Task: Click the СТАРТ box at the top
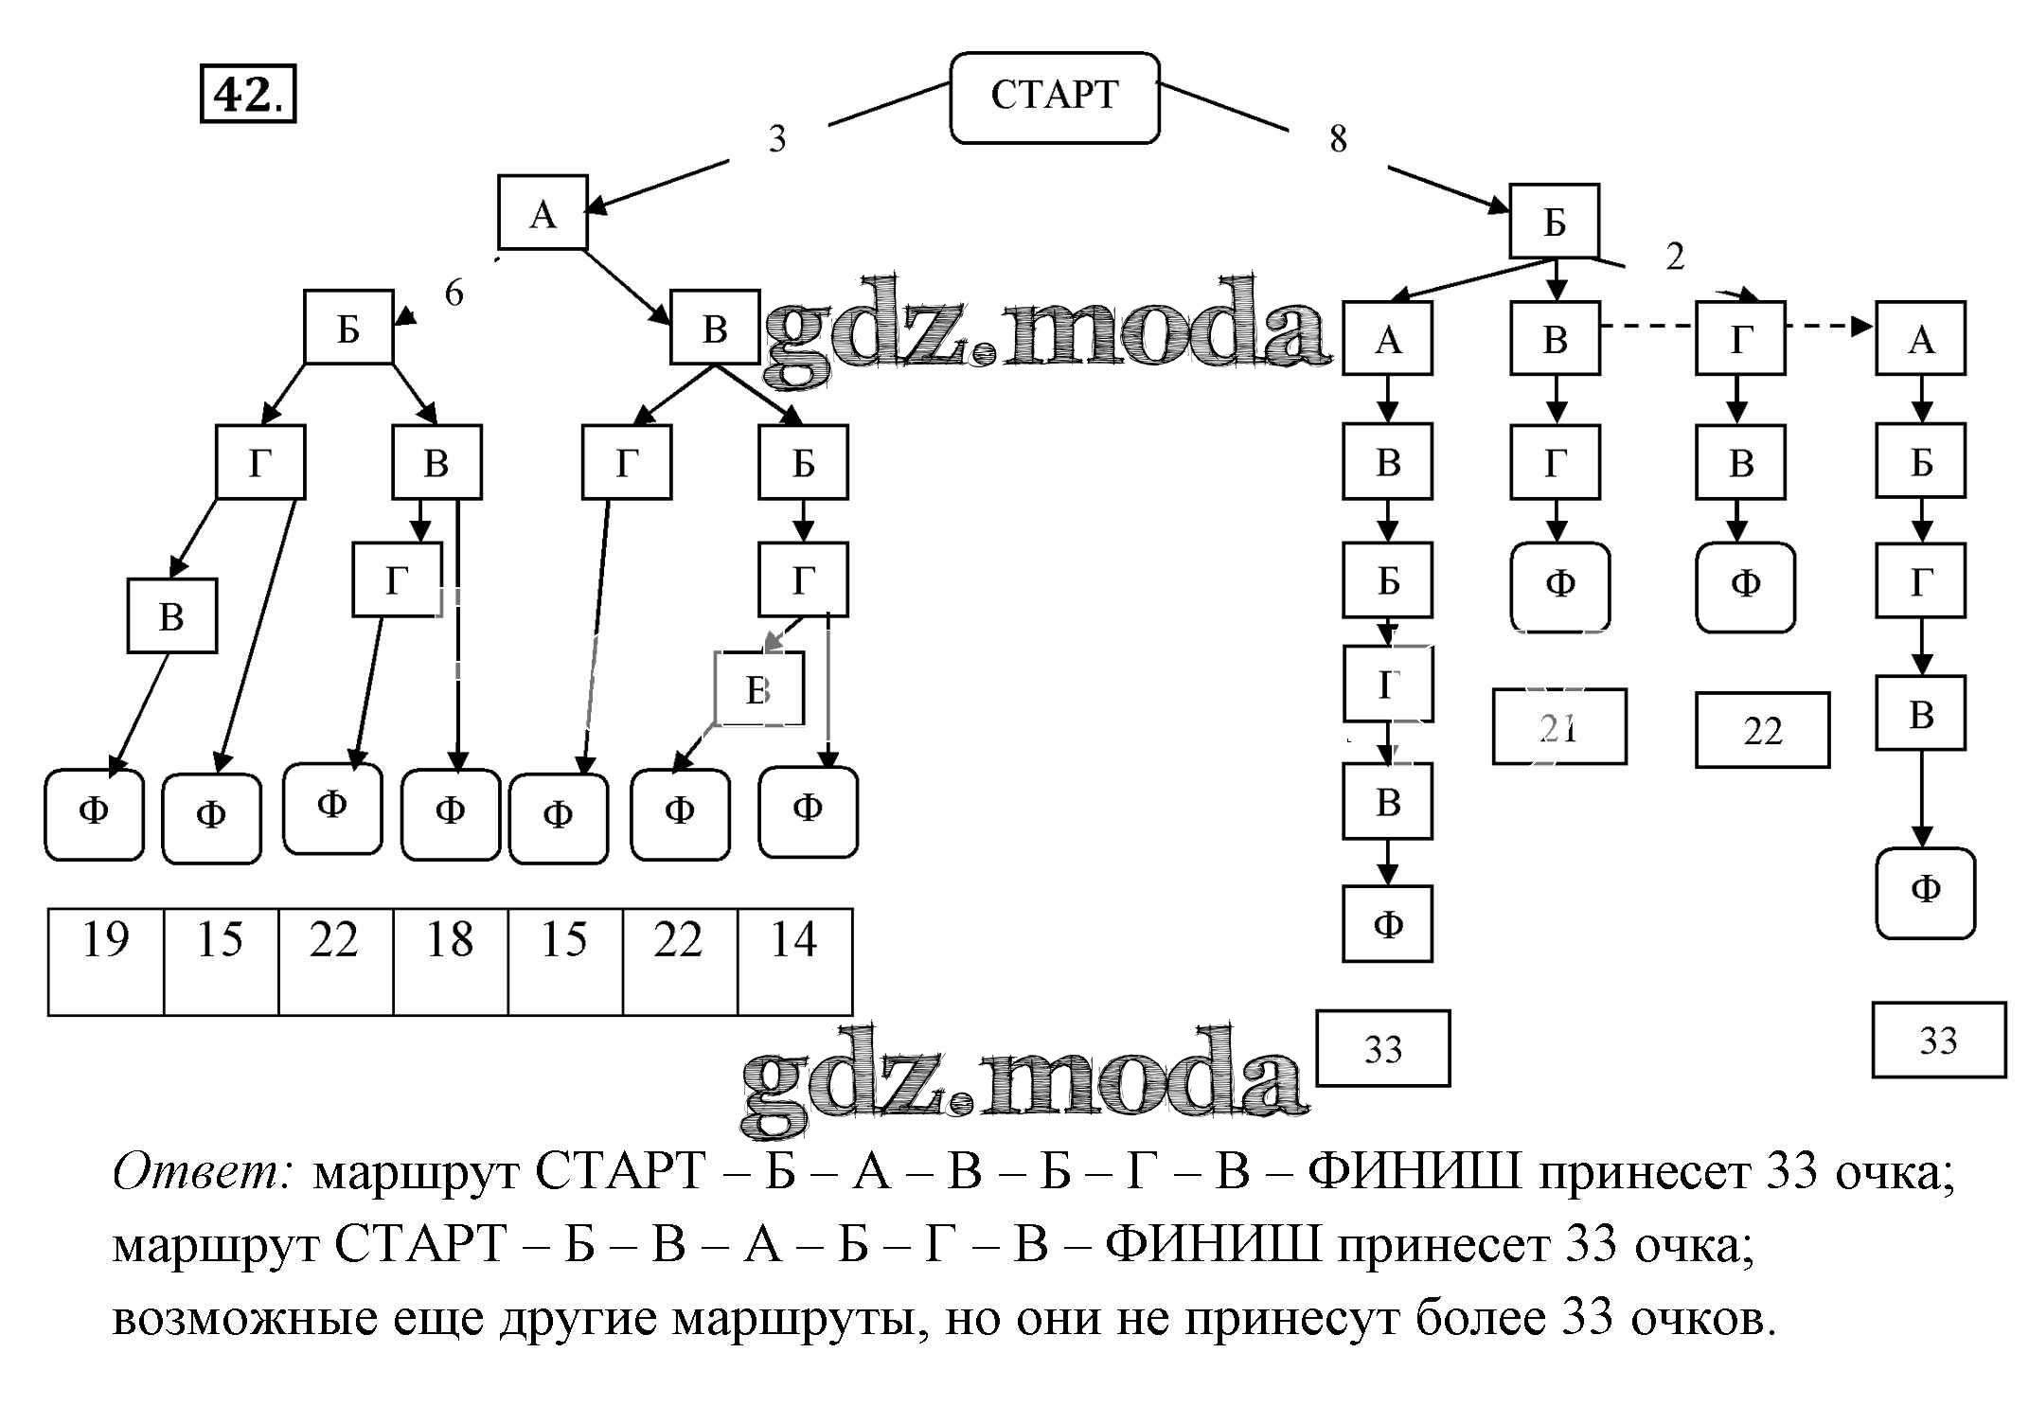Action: pyautogui.click(x=1054, y=97)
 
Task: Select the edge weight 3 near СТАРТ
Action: pyautogui.click(x=776, y=139)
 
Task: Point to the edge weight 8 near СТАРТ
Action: pyautogui.click(x=1337, y=139)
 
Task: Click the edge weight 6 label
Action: pyautogui.click(x=454, y=294)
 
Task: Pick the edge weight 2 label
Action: pyautogui.click(x=1675, y=257)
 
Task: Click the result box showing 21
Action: pyautogui.click(x=1558, y=727)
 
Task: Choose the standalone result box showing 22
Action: pyautogui.click(x=1762, y=730)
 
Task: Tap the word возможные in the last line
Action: pyautogui.click(x=244, y=1318)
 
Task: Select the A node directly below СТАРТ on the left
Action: pyautogui.click(x=543, y=213)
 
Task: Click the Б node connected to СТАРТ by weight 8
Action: pyautogui.click(x=1554, y=222)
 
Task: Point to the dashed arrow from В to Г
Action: pyautogui.click(x=1646, y=326)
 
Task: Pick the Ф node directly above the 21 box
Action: pyautogui.click(x=1559, y=585)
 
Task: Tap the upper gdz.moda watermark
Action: pyautogui.click(x=1046, y=327)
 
